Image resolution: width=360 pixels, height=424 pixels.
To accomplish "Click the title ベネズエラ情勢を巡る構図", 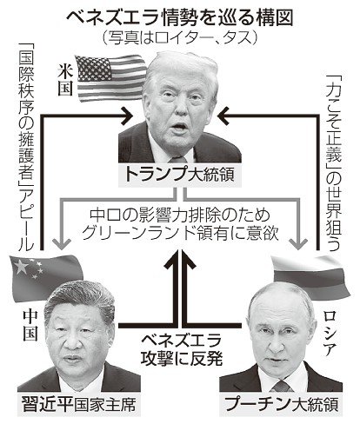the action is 180,19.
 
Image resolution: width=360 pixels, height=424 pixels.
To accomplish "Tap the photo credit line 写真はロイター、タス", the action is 180,37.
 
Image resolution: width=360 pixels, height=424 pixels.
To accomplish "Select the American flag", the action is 111,77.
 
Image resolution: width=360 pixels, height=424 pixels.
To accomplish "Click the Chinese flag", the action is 45,276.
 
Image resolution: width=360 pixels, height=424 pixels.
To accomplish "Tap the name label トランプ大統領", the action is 180,175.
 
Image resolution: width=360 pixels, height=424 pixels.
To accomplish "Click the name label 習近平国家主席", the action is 79,404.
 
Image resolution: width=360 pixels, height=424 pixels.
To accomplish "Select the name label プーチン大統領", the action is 281,404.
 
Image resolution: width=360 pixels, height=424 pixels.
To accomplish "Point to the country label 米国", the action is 65,79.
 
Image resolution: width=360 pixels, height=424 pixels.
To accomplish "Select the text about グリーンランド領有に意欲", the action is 180,225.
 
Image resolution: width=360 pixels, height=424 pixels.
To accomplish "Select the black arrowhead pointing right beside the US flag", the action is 127,116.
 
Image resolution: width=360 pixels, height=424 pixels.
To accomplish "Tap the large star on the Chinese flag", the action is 21,267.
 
